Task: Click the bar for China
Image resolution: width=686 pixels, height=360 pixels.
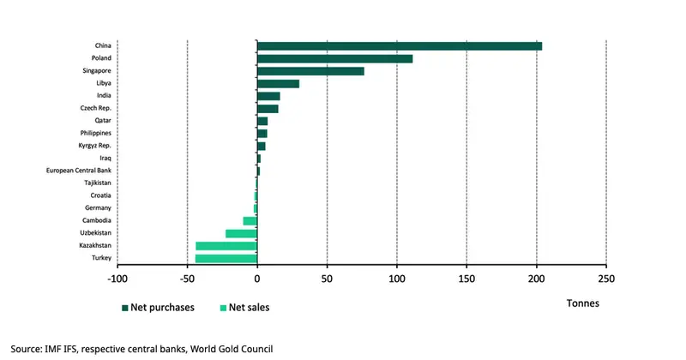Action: [x=399, y=46]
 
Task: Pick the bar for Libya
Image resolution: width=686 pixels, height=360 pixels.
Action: [x=278, y=83]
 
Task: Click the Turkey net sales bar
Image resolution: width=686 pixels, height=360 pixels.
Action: [x=226, y=258]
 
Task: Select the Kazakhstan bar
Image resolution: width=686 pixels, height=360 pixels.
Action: [x=226, y=246]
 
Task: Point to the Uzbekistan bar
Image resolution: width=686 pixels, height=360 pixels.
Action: [x=241, y=233]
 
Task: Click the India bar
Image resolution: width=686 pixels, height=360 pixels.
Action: [x=268, y=96]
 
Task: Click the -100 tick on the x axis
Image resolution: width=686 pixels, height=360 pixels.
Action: [x=117, y=279]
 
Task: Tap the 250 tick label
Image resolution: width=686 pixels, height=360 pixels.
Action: [x=605, y=279]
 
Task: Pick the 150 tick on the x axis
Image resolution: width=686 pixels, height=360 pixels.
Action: [x=466, y=279]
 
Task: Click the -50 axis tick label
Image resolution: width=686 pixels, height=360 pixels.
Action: [x=186, y=279]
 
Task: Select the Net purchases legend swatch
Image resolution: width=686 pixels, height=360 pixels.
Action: [x=125, y=307]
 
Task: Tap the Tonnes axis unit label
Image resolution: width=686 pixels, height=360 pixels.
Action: [x=583, y=303]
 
